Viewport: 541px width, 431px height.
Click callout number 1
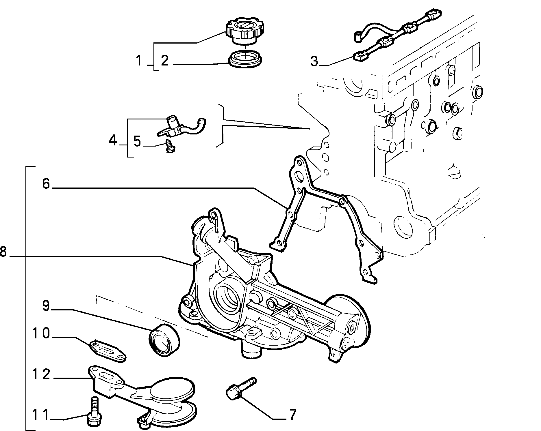pos(139,61)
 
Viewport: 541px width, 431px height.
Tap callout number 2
pos(165,61)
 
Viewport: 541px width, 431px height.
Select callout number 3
pos(314,61)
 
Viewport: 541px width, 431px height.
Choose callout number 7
pos(293,415)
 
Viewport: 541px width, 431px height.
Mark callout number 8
pos(3,251)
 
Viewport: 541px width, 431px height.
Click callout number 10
pos(41,333)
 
